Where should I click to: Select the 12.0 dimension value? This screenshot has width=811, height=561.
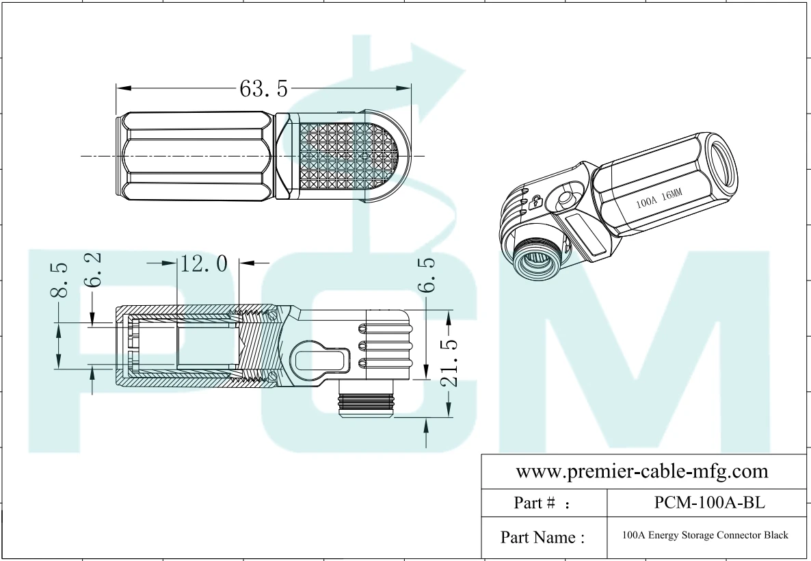coord(204,263)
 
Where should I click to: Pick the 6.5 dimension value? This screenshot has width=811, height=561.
coord(427,274)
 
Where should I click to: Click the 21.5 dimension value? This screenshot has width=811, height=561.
coord(449,363)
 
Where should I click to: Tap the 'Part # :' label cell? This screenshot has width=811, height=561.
coord(544,504)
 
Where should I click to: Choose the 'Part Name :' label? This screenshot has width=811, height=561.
coord(544,537)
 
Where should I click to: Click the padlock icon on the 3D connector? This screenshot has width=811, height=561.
coord(537,201)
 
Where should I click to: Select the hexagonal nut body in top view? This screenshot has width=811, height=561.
coord(198,157)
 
